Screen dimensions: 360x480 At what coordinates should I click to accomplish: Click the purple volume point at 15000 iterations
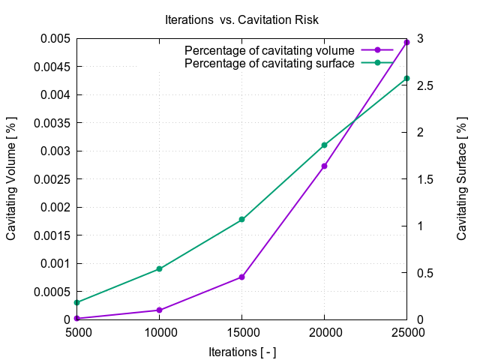click(x=241, y=277)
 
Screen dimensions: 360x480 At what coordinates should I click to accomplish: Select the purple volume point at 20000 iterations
click(x=324, y=166)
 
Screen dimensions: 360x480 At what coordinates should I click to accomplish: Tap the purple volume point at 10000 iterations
click(x=159, y=310)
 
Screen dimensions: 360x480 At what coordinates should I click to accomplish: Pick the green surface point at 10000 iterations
click(x=159, y=268)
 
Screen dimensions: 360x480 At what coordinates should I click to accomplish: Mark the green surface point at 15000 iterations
click(x=241, y=220)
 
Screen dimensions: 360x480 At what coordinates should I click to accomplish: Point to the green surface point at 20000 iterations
click(x=324, y=145)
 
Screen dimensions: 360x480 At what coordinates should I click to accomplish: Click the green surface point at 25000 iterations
click(x=406, y=78)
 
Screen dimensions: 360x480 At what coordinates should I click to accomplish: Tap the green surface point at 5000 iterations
click(x=76, y=302)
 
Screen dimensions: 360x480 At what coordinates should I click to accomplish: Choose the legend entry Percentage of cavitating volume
click(x=269, y=50)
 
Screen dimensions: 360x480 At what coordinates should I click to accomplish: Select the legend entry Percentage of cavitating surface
click(x=269, y=63)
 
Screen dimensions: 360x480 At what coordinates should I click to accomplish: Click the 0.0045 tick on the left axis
click(x=55, y=67)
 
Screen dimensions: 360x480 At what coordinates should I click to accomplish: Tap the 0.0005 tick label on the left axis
click(x=55, y=292)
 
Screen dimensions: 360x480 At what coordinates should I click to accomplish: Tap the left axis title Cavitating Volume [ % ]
click(x=12, y=179)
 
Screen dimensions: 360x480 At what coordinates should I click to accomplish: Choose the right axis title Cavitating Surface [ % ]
click(x=462, y=179)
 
